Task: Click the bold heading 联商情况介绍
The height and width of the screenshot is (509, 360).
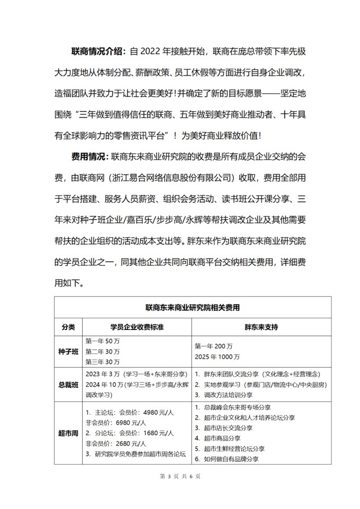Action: pyautogui.click(x=98, y=51)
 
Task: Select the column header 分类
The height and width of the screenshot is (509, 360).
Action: pyautogui.click(x=68, y=326)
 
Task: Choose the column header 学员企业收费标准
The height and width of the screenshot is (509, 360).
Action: pyautogui.click(x=137, y=326)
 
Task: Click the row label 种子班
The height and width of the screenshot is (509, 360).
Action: pyautogui.click(x=68, y=351)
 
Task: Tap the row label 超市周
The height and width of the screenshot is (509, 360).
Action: pyautogui.click(x=68, y=433)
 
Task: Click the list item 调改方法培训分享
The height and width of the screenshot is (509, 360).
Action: pyautogui.click(x=230, y=395)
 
